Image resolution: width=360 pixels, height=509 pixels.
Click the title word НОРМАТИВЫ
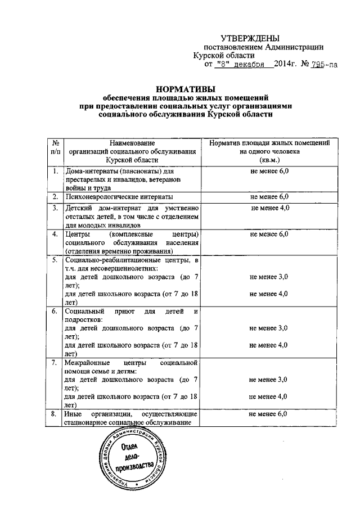point(186,89)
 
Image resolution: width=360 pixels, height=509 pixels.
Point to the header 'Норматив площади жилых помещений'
point(269,143)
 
